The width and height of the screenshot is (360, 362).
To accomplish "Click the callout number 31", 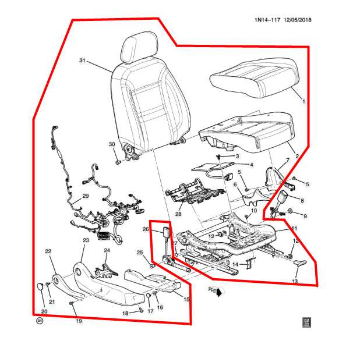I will point(82,61).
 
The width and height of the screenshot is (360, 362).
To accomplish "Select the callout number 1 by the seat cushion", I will point(303,101).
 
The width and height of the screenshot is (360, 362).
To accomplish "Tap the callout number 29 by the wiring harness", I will point(85,196).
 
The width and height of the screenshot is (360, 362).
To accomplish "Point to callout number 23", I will point(85,240).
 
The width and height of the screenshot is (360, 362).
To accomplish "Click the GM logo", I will point(305,322).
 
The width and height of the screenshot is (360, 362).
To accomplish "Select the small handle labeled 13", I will point(299,264).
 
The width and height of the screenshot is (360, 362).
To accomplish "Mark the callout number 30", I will point(112,144).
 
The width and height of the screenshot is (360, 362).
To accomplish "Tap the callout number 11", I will point(294,228).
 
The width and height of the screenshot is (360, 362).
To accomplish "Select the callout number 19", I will point(78,320).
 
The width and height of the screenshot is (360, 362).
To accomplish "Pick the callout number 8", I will point(302,200).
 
